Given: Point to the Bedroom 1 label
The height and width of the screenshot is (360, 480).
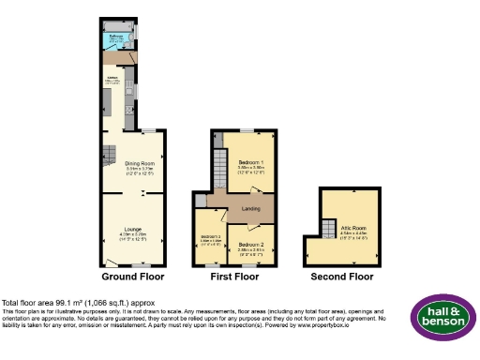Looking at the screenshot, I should [249, 163].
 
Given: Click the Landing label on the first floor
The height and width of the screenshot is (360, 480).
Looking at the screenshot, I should [251, 208].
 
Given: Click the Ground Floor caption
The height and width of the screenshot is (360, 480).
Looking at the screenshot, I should [132, 277].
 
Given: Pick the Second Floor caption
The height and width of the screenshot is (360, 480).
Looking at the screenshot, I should [348, 277].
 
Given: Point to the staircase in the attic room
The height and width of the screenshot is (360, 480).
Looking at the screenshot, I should [329, 228].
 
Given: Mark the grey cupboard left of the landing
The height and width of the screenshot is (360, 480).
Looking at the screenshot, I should [201, 201].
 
